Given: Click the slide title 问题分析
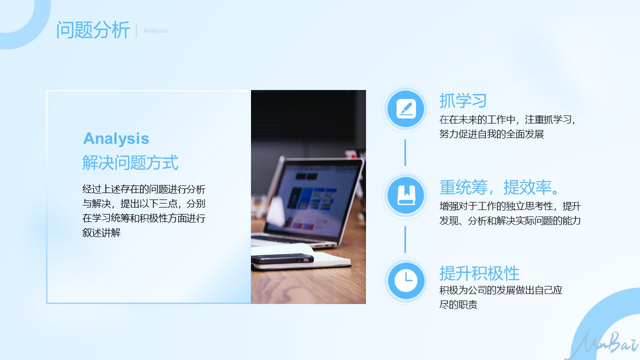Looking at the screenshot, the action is [93, 29].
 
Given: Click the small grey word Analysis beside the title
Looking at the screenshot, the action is [155, 30].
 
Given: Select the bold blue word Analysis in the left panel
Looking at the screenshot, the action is [116, 139].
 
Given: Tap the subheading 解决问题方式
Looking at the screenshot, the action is [130, 162].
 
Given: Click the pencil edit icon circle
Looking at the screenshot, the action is [405, 109].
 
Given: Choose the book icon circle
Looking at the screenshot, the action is [405, 195].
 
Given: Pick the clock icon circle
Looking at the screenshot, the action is [405, 280].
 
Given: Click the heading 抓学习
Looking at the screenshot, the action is [463, 100].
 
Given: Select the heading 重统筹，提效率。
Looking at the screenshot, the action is [499, 187].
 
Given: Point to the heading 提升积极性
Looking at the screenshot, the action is [479, 273].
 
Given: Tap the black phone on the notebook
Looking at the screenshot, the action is [282, 258].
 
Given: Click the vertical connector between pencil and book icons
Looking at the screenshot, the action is [405, 152].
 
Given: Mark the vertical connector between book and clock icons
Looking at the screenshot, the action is [405, 239].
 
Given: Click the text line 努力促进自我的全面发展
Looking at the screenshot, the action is [491, 134].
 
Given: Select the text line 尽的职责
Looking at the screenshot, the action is [458, 304].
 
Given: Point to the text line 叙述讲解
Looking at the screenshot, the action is [101, 232].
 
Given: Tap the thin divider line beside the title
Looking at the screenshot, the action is [136, 30].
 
